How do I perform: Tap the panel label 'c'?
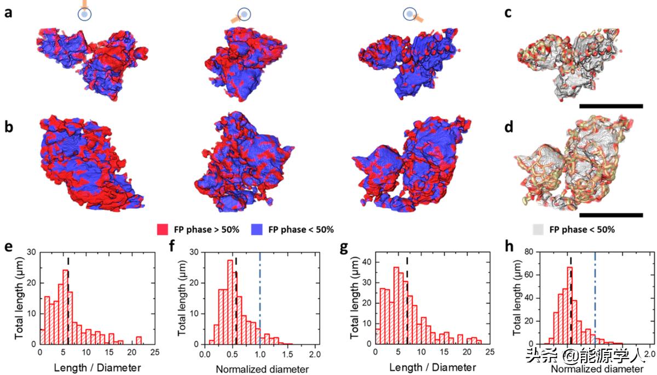(508, 12)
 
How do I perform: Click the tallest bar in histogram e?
(65, 307)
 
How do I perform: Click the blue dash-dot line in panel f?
(260, 296)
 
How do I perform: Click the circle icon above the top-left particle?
(84, 15)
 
